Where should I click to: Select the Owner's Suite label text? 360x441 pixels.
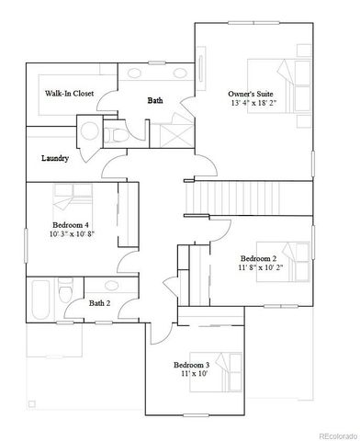coord(251,94)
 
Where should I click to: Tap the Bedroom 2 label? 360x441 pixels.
coord(258,258)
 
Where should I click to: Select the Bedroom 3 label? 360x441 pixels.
coord(192,365)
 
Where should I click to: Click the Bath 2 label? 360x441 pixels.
coord(99,302)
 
